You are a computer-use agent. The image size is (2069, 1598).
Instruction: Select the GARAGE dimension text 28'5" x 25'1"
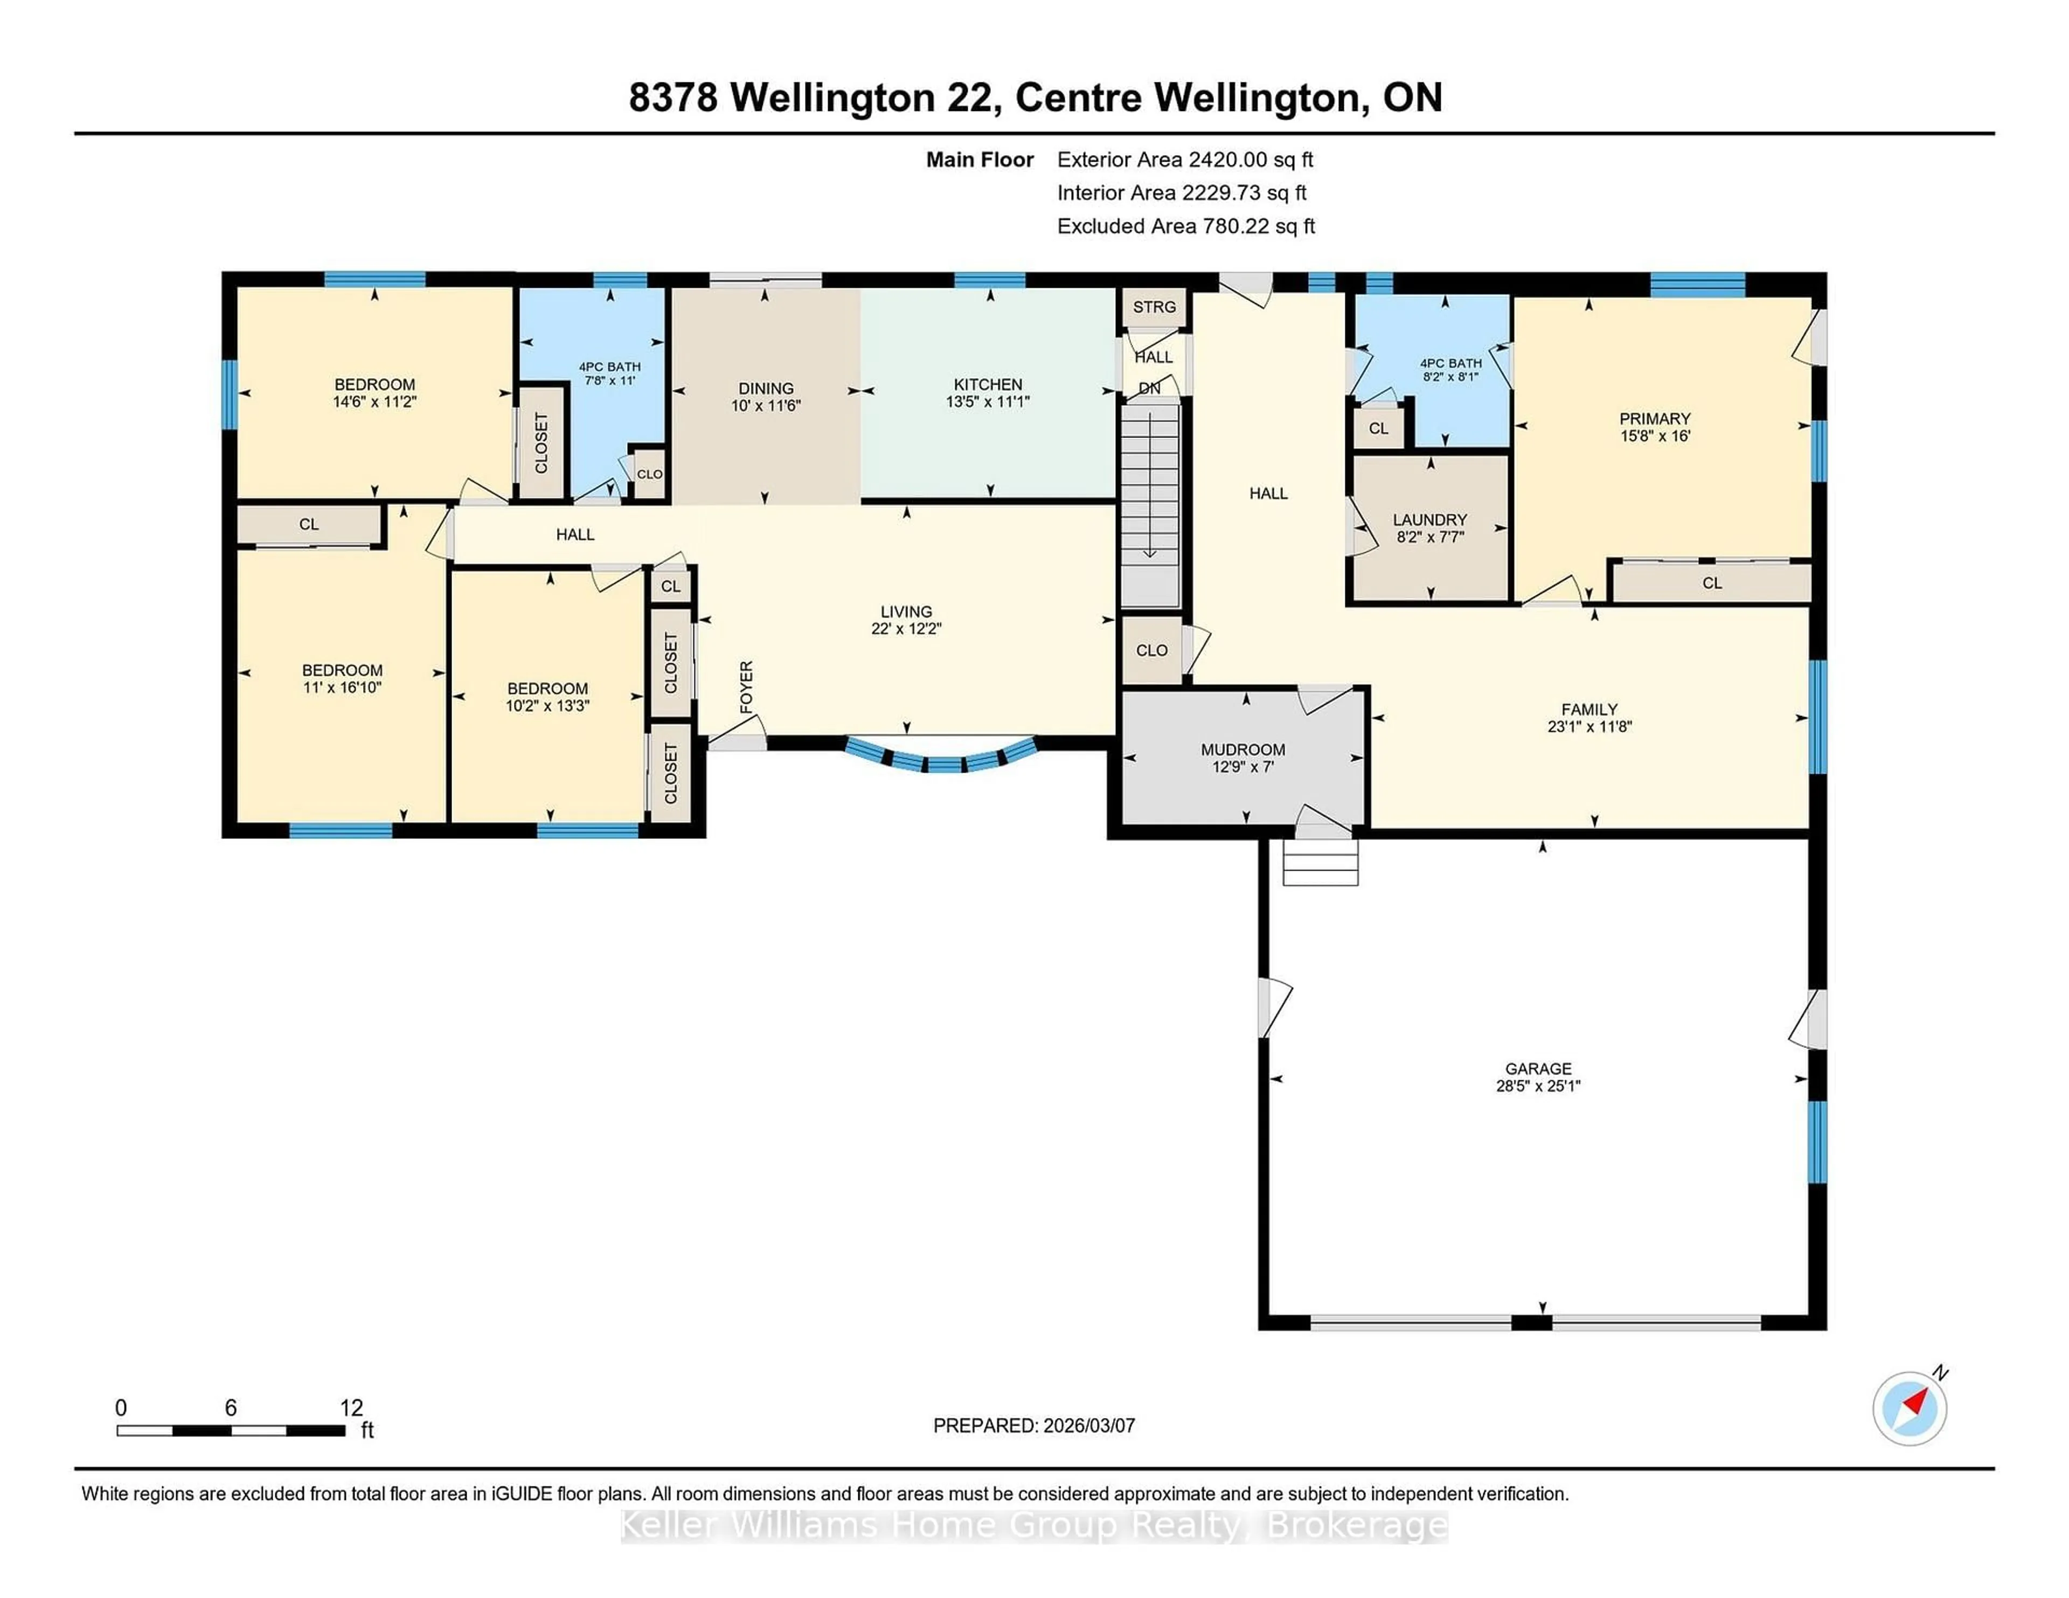click(x=1538, y=1086)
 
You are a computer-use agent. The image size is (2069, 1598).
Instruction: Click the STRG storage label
click(x=1154, y=307)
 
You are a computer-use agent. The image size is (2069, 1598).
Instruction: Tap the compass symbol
click(x=1909, y=1408)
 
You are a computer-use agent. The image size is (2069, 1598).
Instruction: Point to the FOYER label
click(x=746, y=687)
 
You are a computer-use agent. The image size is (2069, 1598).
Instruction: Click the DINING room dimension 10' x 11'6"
click(x=766, y=405)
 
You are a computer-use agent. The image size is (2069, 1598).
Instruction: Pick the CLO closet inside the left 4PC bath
click(x=649, y=474)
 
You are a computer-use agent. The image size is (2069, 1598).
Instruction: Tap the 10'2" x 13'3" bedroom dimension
click(x=547, y=706)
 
